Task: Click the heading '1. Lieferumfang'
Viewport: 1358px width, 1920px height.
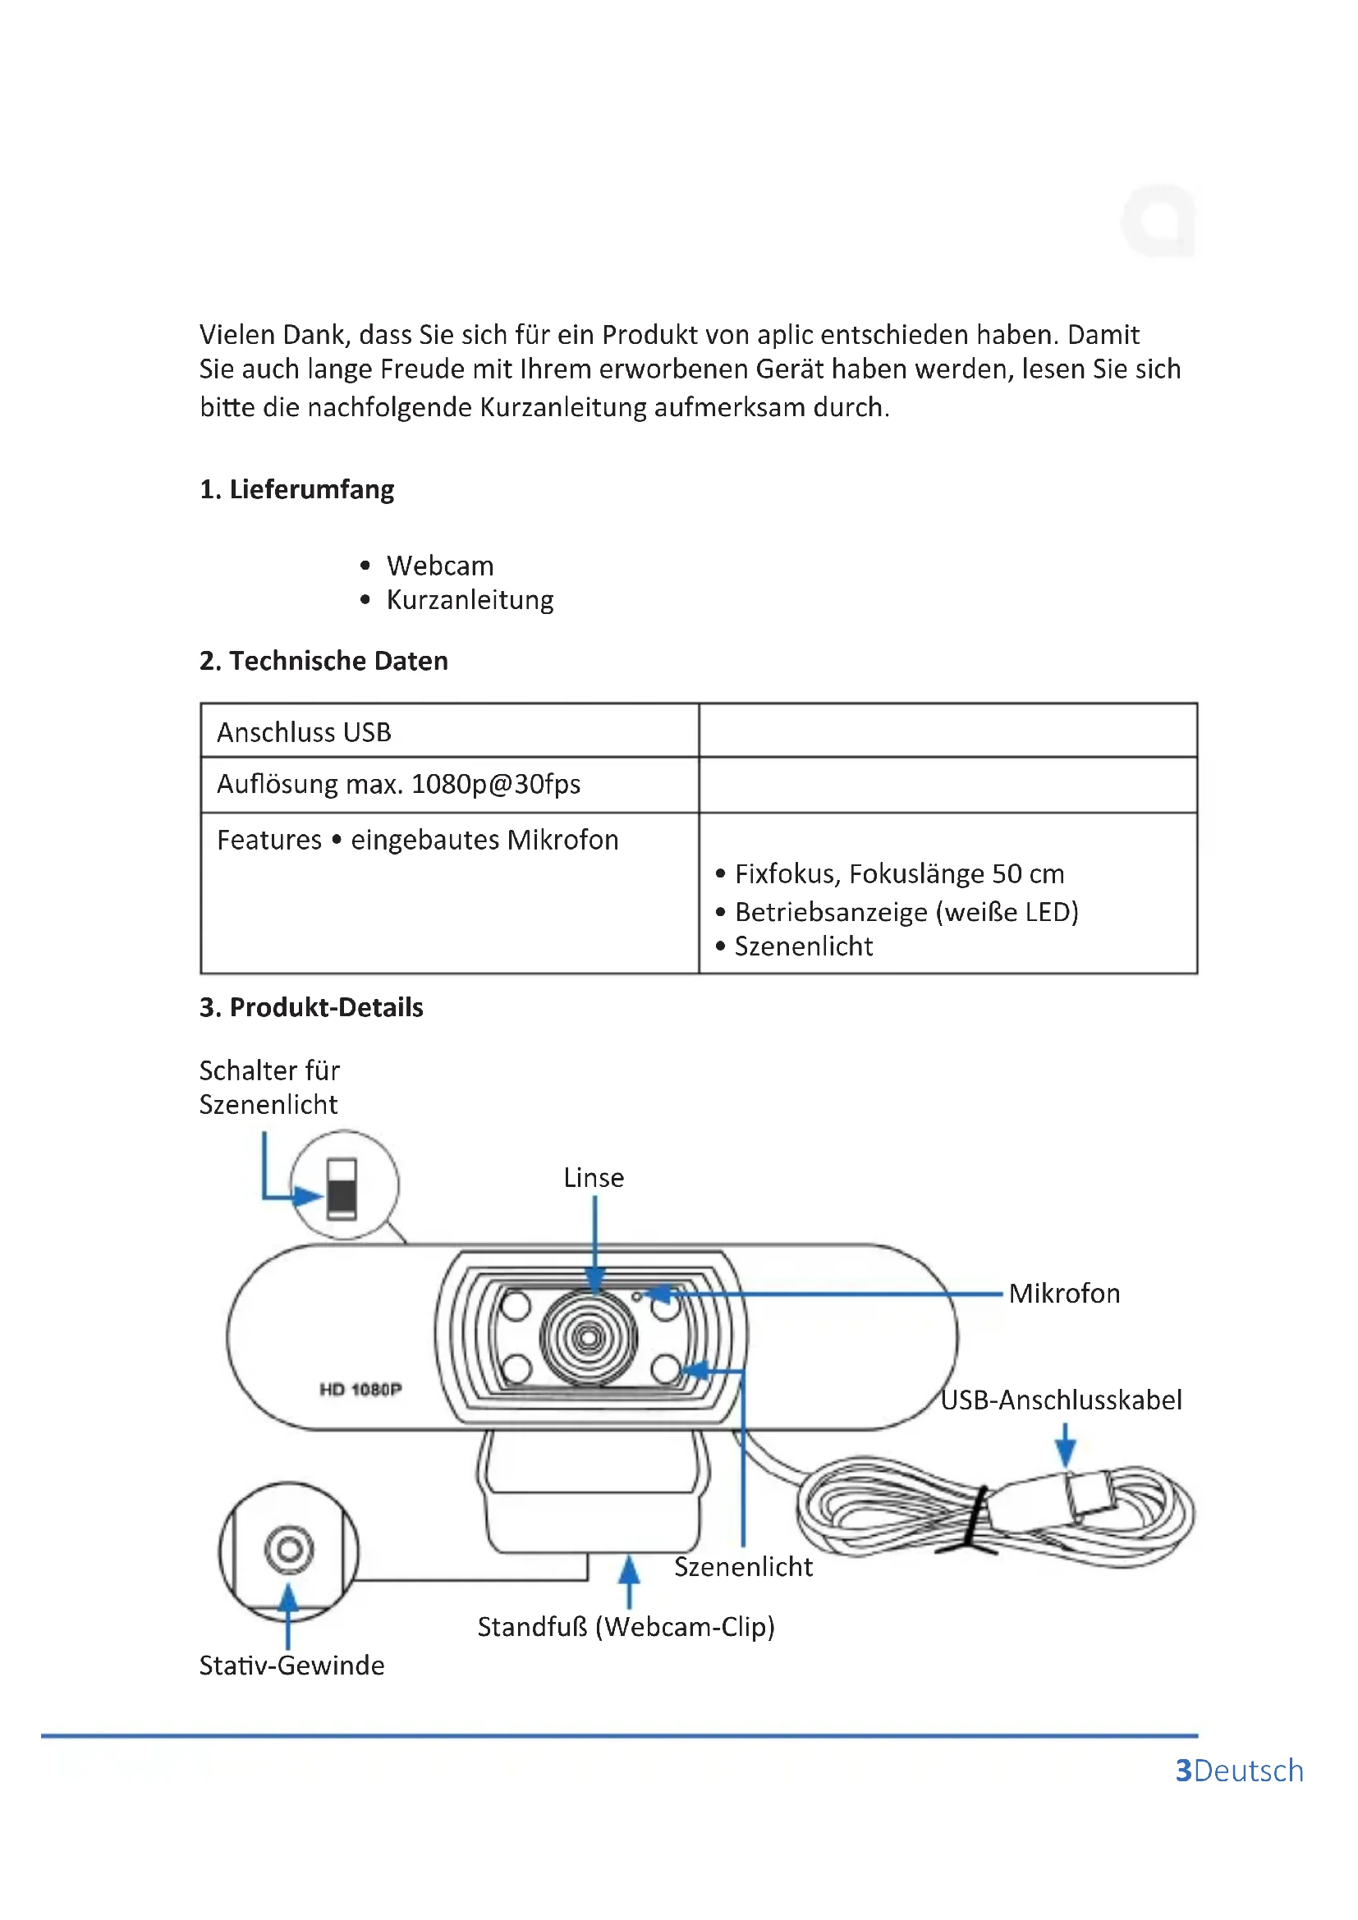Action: pos(296,489)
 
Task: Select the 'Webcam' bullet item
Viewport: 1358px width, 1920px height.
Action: pos(440,566)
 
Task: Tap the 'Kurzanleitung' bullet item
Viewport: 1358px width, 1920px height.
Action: pos(470,600)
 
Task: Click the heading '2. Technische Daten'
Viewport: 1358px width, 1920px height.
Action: pos(323,661)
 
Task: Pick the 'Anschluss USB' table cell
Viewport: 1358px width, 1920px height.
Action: pos(305,732)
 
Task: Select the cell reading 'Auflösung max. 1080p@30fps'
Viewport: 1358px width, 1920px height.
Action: pos(399,785)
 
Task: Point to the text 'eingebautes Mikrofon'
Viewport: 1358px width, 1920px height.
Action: pos(484,840)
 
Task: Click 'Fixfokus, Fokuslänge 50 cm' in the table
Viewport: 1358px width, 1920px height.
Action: pos(899,874)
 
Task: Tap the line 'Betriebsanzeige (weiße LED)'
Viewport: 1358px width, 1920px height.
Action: pos(906,911)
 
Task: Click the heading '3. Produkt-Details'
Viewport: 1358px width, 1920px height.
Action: pos(311,1007)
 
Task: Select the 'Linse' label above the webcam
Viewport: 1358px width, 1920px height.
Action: pos(594,1177)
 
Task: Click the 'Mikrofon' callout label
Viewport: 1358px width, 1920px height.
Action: pos(1063,1294)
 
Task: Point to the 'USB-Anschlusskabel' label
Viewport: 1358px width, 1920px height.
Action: pos(1061,1400)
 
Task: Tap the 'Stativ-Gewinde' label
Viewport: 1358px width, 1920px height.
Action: pos(291,1665)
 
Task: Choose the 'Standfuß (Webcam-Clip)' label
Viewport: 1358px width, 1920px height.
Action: pos(626,1626)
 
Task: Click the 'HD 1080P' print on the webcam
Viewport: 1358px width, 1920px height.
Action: pos(360,1389)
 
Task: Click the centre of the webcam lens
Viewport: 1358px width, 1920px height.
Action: pos(589,1337)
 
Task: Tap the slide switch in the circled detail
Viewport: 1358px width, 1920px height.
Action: pos(342,1189)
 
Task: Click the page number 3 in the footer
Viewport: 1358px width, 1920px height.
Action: pos(1183,1771)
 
